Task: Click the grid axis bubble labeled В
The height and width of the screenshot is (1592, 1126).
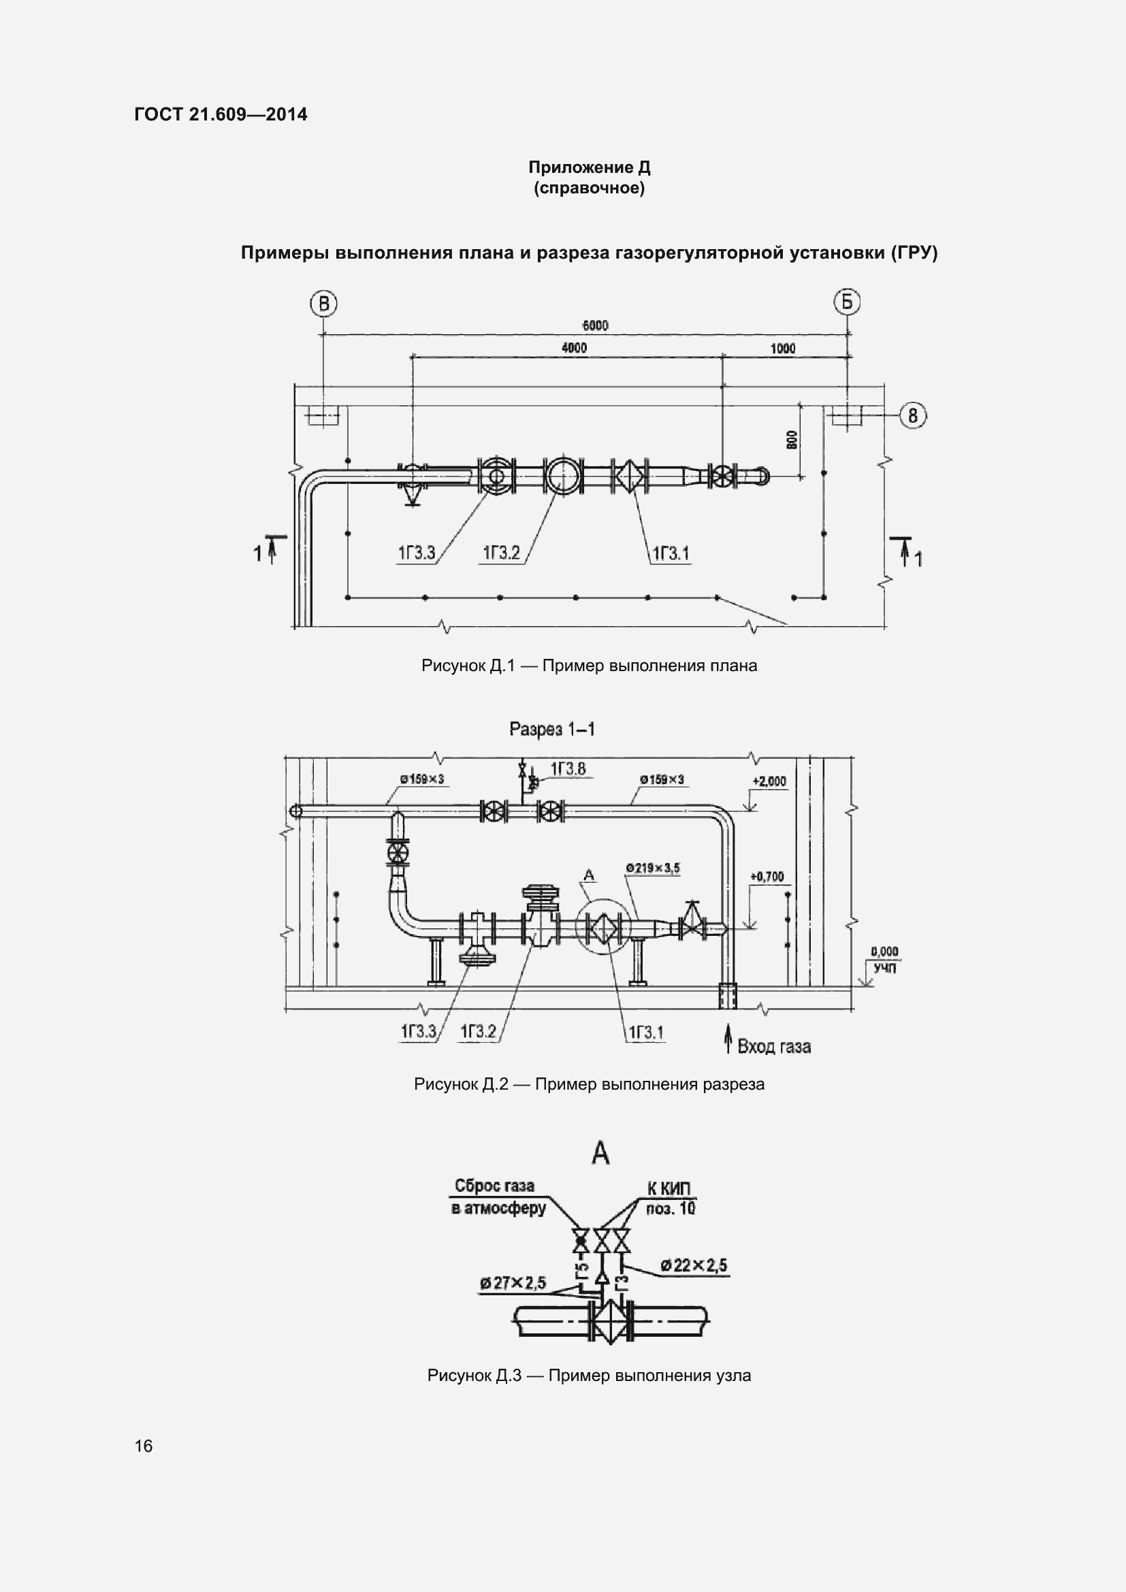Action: (324, 304)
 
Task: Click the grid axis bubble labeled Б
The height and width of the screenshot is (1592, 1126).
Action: (847, 302)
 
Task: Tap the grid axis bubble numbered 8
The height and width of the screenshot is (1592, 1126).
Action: (913, 415)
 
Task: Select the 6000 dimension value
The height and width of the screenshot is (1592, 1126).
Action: (595, 325)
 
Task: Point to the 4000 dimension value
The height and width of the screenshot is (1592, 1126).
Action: (574, 347)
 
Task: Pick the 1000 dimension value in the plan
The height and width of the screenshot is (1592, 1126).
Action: (783, 348)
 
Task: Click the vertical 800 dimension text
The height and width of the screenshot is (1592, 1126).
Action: (792, 439)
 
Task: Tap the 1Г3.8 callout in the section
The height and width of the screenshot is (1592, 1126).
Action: (568, 768)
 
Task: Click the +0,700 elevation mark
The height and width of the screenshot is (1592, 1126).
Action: (767, 877)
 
